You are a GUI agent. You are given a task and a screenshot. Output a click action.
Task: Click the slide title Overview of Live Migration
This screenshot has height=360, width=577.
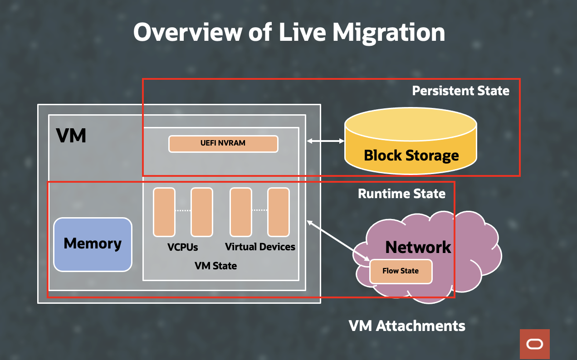tap(289, 33)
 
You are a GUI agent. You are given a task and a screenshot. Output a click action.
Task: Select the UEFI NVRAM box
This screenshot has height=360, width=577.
tap(223, 144)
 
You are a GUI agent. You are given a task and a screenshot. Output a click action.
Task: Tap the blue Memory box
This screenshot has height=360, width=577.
tap(93, 244)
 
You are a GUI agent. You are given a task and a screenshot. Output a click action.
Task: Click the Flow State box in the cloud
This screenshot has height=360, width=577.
tap(401, 271)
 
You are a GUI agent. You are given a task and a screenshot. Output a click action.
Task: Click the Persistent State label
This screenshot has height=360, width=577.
tap(460, 91)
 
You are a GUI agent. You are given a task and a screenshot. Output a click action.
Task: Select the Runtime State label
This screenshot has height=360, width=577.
tap(401, 194)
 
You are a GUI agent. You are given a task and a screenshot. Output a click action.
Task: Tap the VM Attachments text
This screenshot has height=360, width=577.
tap(407, 326)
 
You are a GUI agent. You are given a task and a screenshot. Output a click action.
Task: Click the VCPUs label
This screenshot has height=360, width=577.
tap(182, 248)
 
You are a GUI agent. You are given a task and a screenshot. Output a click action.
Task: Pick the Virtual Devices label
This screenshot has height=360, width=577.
tap(260, 247)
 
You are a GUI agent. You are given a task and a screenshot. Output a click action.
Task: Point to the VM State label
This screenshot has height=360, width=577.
tap(215, 266)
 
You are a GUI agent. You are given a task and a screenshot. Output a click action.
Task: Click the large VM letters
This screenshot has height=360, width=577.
tap(71, 136)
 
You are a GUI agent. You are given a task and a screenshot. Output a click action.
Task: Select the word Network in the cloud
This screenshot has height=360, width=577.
tap(418, 248)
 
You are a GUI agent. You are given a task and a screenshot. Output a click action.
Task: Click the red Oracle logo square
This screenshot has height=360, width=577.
tap(534, 344)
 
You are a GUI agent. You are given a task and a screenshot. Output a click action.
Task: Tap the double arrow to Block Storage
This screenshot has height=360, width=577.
tap(325, 141)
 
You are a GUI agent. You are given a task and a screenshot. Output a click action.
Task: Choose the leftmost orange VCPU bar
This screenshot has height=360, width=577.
tap(164, 212)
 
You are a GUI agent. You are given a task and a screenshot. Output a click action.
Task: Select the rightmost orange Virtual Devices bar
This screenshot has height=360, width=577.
tap(278, 212)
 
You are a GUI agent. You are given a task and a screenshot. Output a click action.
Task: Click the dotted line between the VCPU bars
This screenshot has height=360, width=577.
tap(183, 211)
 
